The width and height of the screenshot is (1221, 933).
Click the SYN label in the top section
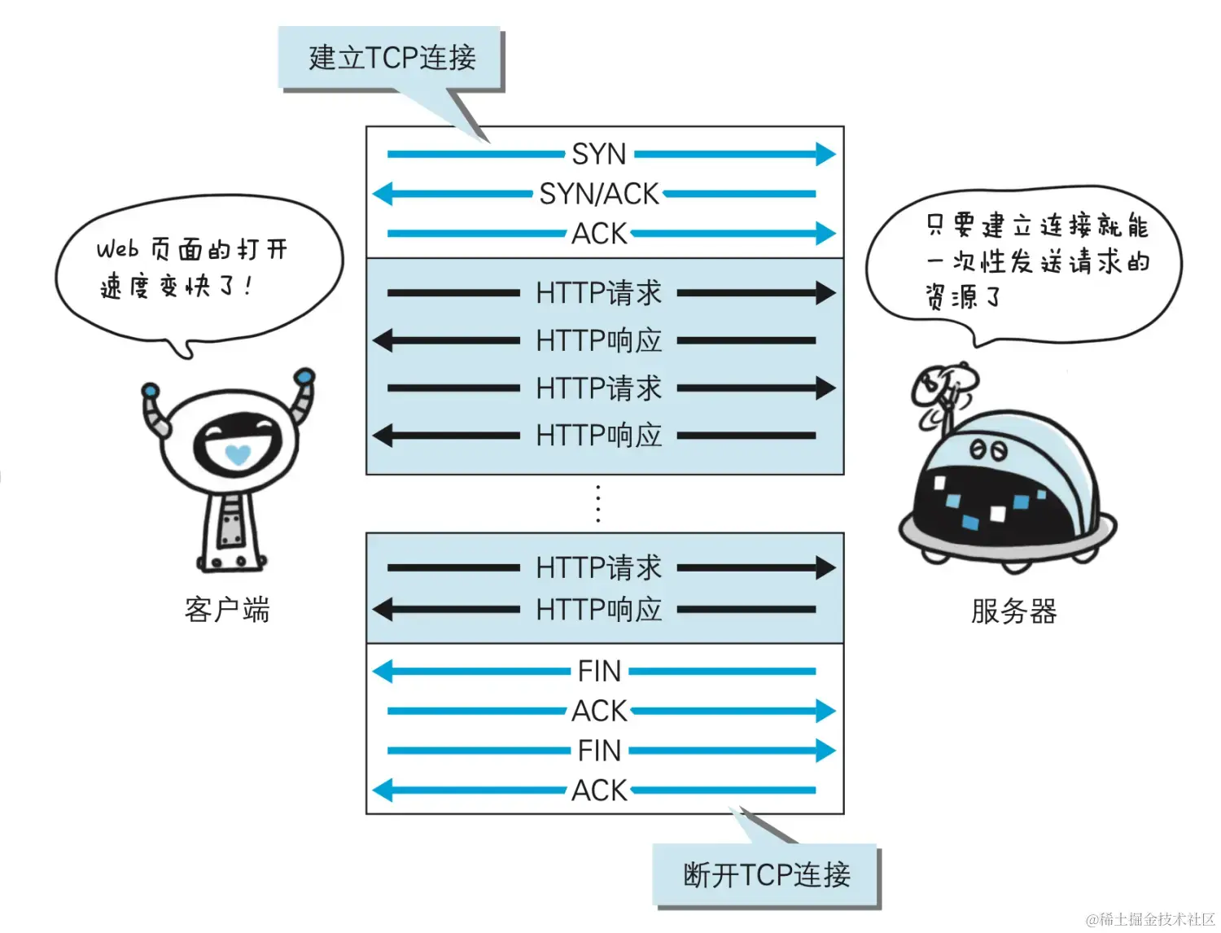click(x=599, y=154)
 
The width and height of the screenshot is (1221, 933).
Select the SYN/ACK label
click(x=599, y=194)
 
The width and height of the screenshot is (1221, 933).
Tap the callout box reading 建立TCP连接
click(x=391, y=58)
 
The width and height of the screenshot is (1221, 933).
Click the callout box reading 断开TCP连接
click(x=766, y=875)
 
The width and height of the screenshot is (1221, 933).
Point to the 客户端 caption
click(x=227, y=609)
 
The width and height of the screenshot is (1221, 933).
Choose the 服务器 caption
click(x=1014, y=611)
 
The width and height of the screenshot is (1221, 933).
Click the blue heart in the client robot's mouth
click(x=238, y=453)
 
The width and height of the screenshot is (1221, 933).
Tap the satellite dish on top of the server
click(x=941, y=386)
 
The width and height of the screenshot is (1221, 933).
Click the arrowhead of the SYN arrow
click(x=825, y=154)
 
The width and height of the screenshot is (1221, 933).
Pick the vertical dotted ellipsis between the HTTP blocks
click(x=598, y=503)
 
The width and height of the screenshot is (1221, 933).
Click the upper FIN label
click(x=599, y=672)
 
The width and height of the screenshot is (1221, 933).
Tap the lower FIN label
click(x=599, y=751)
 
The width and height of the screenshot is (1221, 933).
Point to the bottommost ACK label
click(x=599, y=790)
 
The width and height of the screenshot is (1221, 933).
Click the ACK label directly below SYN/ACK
click(x=599, y=234)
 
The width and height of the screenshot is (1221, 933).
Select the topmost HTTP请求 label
click(x=599, y=293)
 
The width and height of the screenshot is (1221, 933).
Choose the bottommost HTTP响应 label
click(x=599, y=609)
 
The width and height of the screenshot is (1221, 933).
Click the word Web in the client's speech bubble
click(x=117, y=249)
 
